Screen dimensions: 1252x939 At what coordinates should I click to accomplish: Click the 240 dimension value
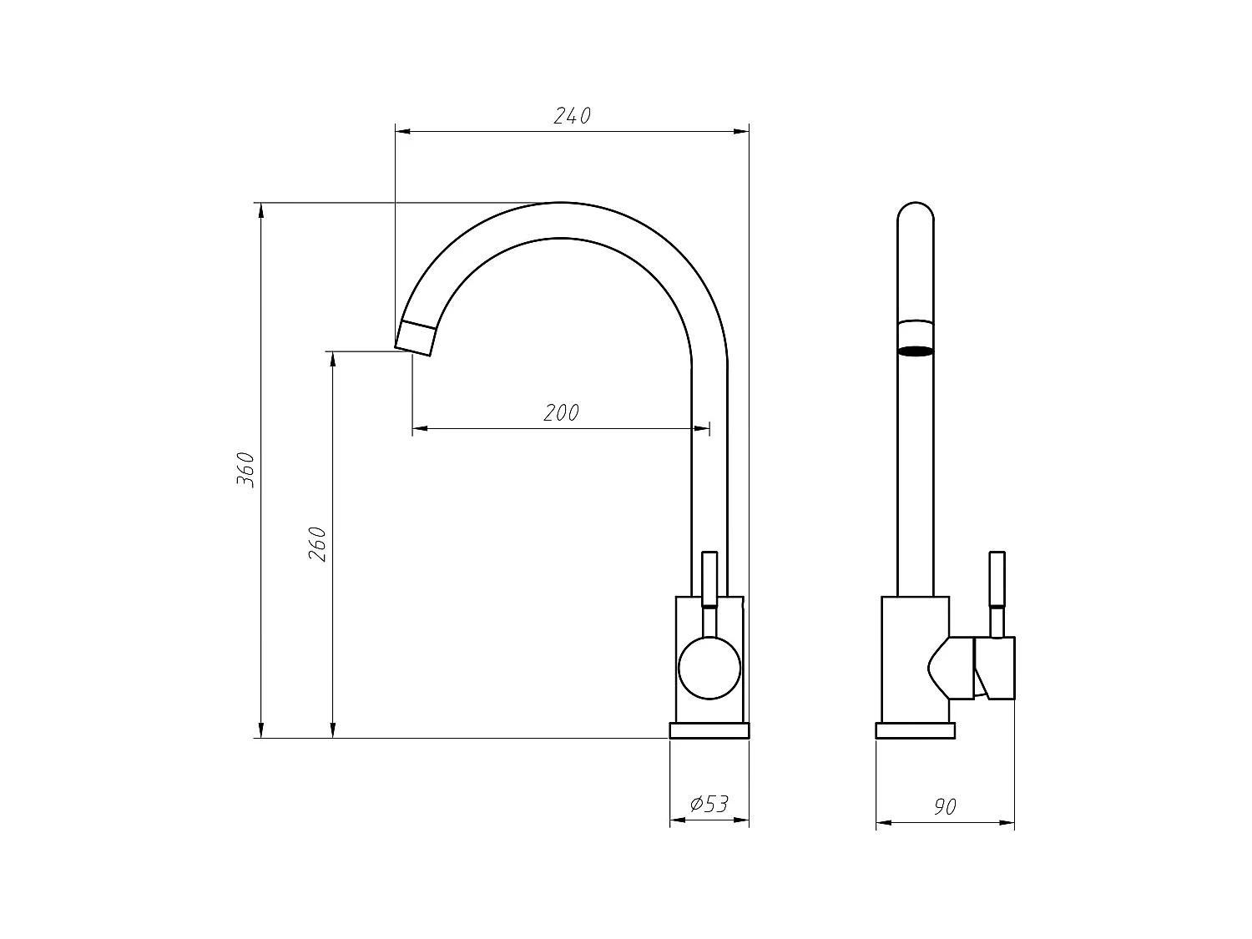pos(572,116)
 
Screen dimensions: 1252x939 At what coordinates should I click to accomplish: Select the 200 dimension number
pos(561,413)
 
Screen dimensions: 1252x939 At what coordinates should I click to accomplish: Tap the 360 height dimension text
pos(246,469)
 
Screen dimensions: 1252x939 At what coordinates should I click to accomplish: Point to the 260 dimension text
pos(318,544)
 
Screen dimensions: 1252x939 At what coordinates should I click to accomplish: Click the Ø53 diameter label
pos(709,804)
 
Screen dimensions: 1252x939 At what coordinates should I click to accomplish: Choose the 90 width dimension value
pos(945,807)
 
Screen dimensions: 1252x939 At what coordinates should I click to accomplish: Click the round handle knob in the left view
pos(709,668)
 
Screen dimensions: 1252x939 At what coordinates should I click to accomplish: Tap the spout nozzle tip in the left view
pos(416,338)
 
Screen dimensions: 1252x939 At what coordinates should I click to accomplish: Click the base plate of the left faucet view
pos(709,731)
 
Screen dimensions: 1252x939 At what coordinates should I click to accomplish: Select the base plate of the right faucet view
pos(915,731)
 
